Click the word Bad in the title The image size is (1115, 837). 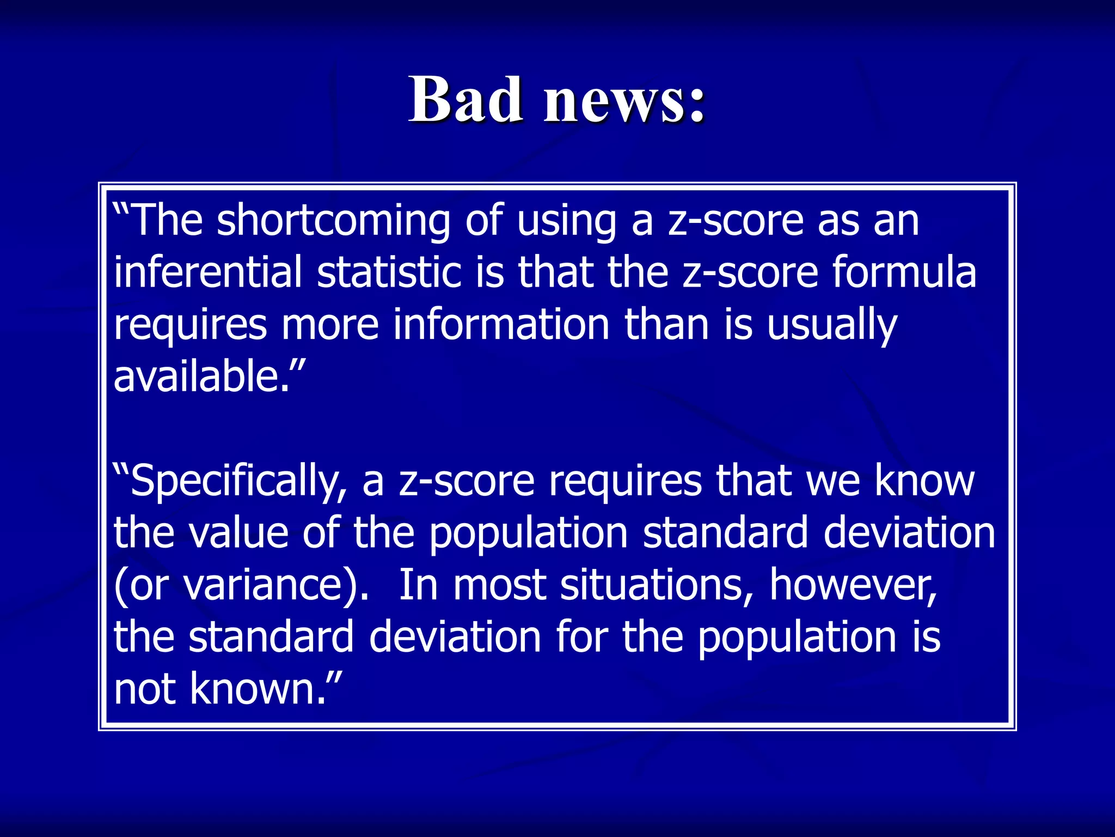pos(466,100)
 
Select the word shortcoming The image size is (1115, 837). pos(333,221)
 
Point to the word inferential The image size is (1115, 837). pos(207,272)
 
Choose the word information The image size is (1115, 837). pos(501,325)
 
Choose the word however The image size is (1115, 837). pos(853,585)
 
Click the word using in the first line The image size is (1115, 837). pos(566,222)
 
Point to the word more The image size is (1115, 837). pos(330,325)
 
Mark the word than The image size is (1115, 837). pos(666,325)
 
